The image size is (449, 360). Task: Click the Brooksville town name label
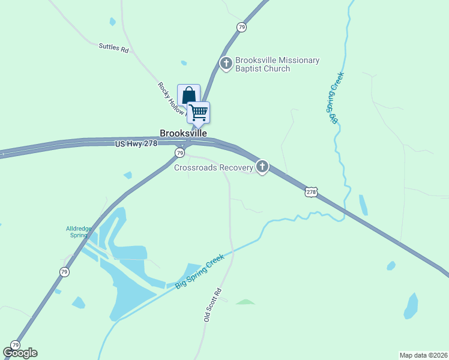[183, 133]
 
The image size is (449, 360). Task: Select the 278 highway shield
[310, 192]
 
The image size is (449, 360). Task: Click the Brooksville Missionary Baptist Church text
[277, 64]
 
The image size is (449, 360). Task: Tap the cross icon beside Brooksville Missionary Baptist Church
[226, 63]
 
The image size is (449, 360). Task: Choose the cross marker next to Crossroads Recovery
[262, 167]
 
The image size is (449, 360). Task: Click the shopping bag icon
[188, 95]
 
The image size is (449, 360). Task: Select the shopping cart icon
[199, 112]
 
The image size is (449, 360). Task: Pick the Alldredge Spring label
[77, 232]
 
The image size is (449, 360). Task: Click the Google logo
[20, 353]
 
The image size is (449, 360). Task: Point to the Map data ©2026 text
[423, 355]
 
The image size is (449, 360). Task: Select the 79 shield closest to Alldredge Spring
[64, 272]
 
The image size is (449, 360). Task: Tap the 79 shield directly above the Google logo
[15, 345]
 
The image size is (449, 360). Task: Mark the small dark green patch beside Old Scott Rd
[245, 302]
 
